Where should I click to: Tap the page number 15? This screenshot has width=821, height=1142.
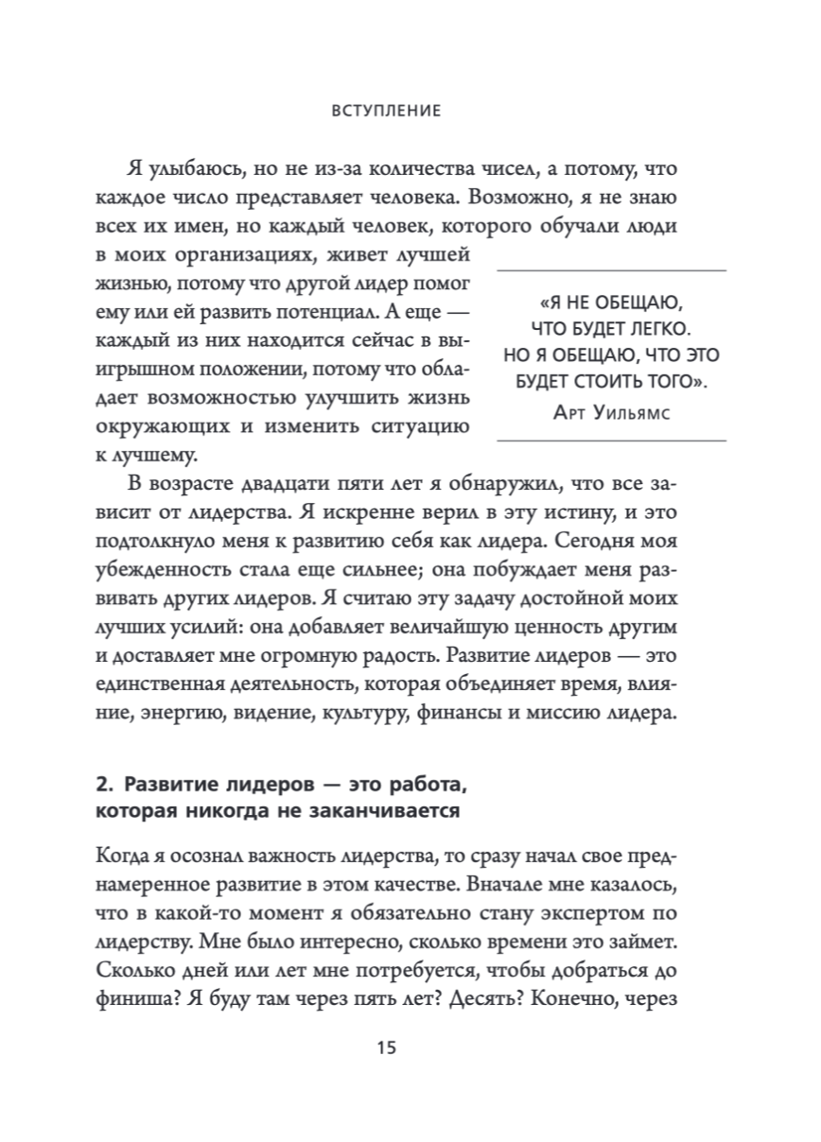386,1048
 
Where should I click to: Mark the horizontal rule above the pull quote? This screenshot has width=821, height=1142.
611,271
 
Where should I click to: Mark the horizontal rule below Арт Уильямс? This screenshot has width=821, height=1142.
611,441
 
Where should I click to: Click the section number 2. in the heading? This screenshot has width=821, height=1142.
104,787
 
